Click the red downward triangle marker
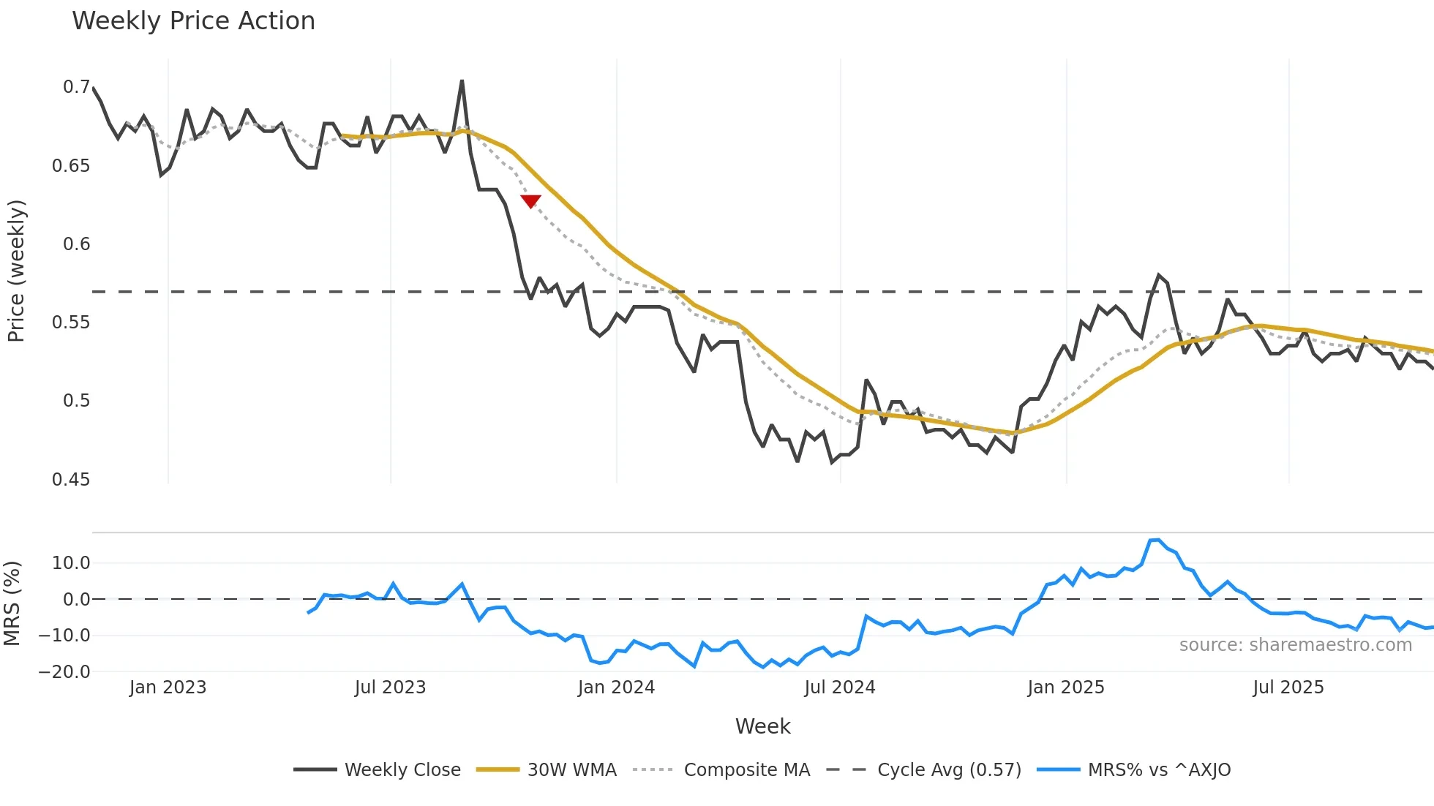[530, 201]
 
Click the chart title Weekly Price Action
[193, 21]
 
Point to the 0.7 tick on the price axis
[76, 87]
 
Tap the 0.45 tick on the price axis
[71, 479]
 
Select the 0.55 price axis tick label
[71, 323]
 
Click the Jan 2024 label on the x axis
[616, 688]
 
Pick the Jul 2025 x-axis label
[1288, 688]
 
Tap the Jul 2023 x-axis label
[390, 688]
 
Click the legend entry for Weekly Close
[402, 770]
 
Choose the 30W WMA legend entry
[571, 770]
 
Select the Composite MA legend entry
[746, 770]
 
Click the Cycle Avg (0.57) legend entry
[949, 770]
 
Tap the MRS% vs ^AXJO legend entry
[1159, 770]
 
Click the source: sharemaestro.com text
[1295, 645]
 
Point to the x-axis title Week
[762, 726]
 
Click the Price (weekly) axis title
[16, 271]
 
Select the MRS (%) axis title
[12, 603]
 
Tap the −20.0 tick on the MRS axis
[64, 671]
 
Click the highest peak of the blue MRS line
[1155, 540]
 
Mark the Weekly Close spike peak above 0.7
[462, 80]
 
